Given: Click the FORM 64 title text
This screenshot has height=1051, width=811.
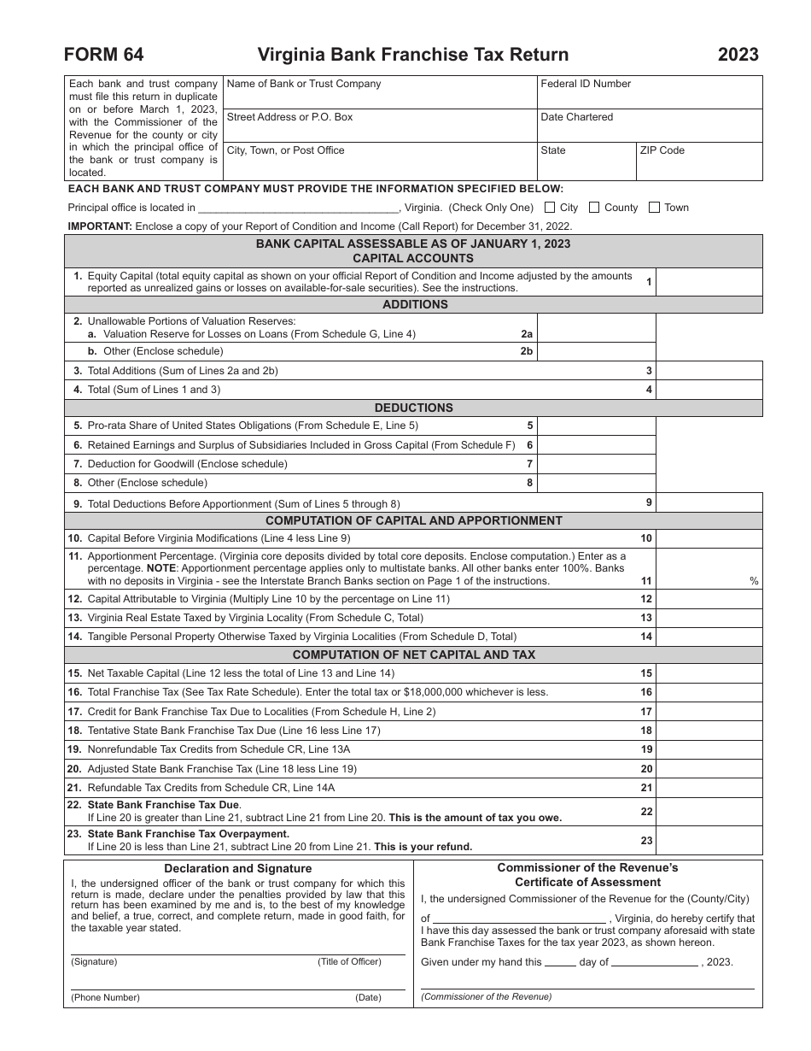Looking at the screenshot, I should pos(103,55).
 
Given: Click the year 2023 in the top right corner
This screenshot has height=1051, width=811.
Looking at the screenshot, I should pos(738,55).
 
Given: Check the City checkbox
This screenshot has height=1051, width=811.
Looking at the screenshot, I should pos(550,207).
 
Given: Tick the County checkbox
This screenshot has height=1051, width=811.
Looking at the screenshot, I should pos(594,207).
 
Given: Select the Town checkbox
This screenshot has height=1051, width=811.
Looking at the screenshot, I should pos(654,207).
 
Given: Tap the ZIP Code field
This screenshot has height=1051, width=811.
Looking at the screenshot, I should pos(699,161).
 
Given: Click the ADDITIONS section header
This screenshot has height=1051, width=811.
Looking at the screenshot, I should pos(414,305).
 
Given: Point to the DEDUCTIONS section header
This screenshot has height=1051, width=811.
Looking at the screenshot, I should pos(414,408).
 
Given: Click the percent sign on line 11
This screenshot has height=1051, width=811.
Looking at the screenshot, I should pos(754,581).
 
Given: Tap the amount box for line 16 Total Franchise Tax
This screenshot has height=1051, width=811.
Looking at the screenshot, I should pos(709,692).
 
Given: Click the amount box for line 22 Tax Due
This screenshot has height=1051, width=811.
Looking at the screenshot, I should pos(709,811).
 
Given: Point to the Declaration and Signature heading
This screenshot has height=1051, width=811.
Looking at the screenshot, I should pos(238,869).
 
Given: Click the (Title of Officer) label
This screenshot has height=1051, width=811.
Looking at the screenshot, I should pos(349,961).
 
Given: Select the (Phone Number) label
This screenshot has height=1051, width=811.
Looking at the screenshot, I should pos(105,997).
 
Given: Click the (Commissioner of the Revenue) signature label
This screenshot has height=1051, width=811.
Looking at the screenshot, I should pos(487,996).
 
